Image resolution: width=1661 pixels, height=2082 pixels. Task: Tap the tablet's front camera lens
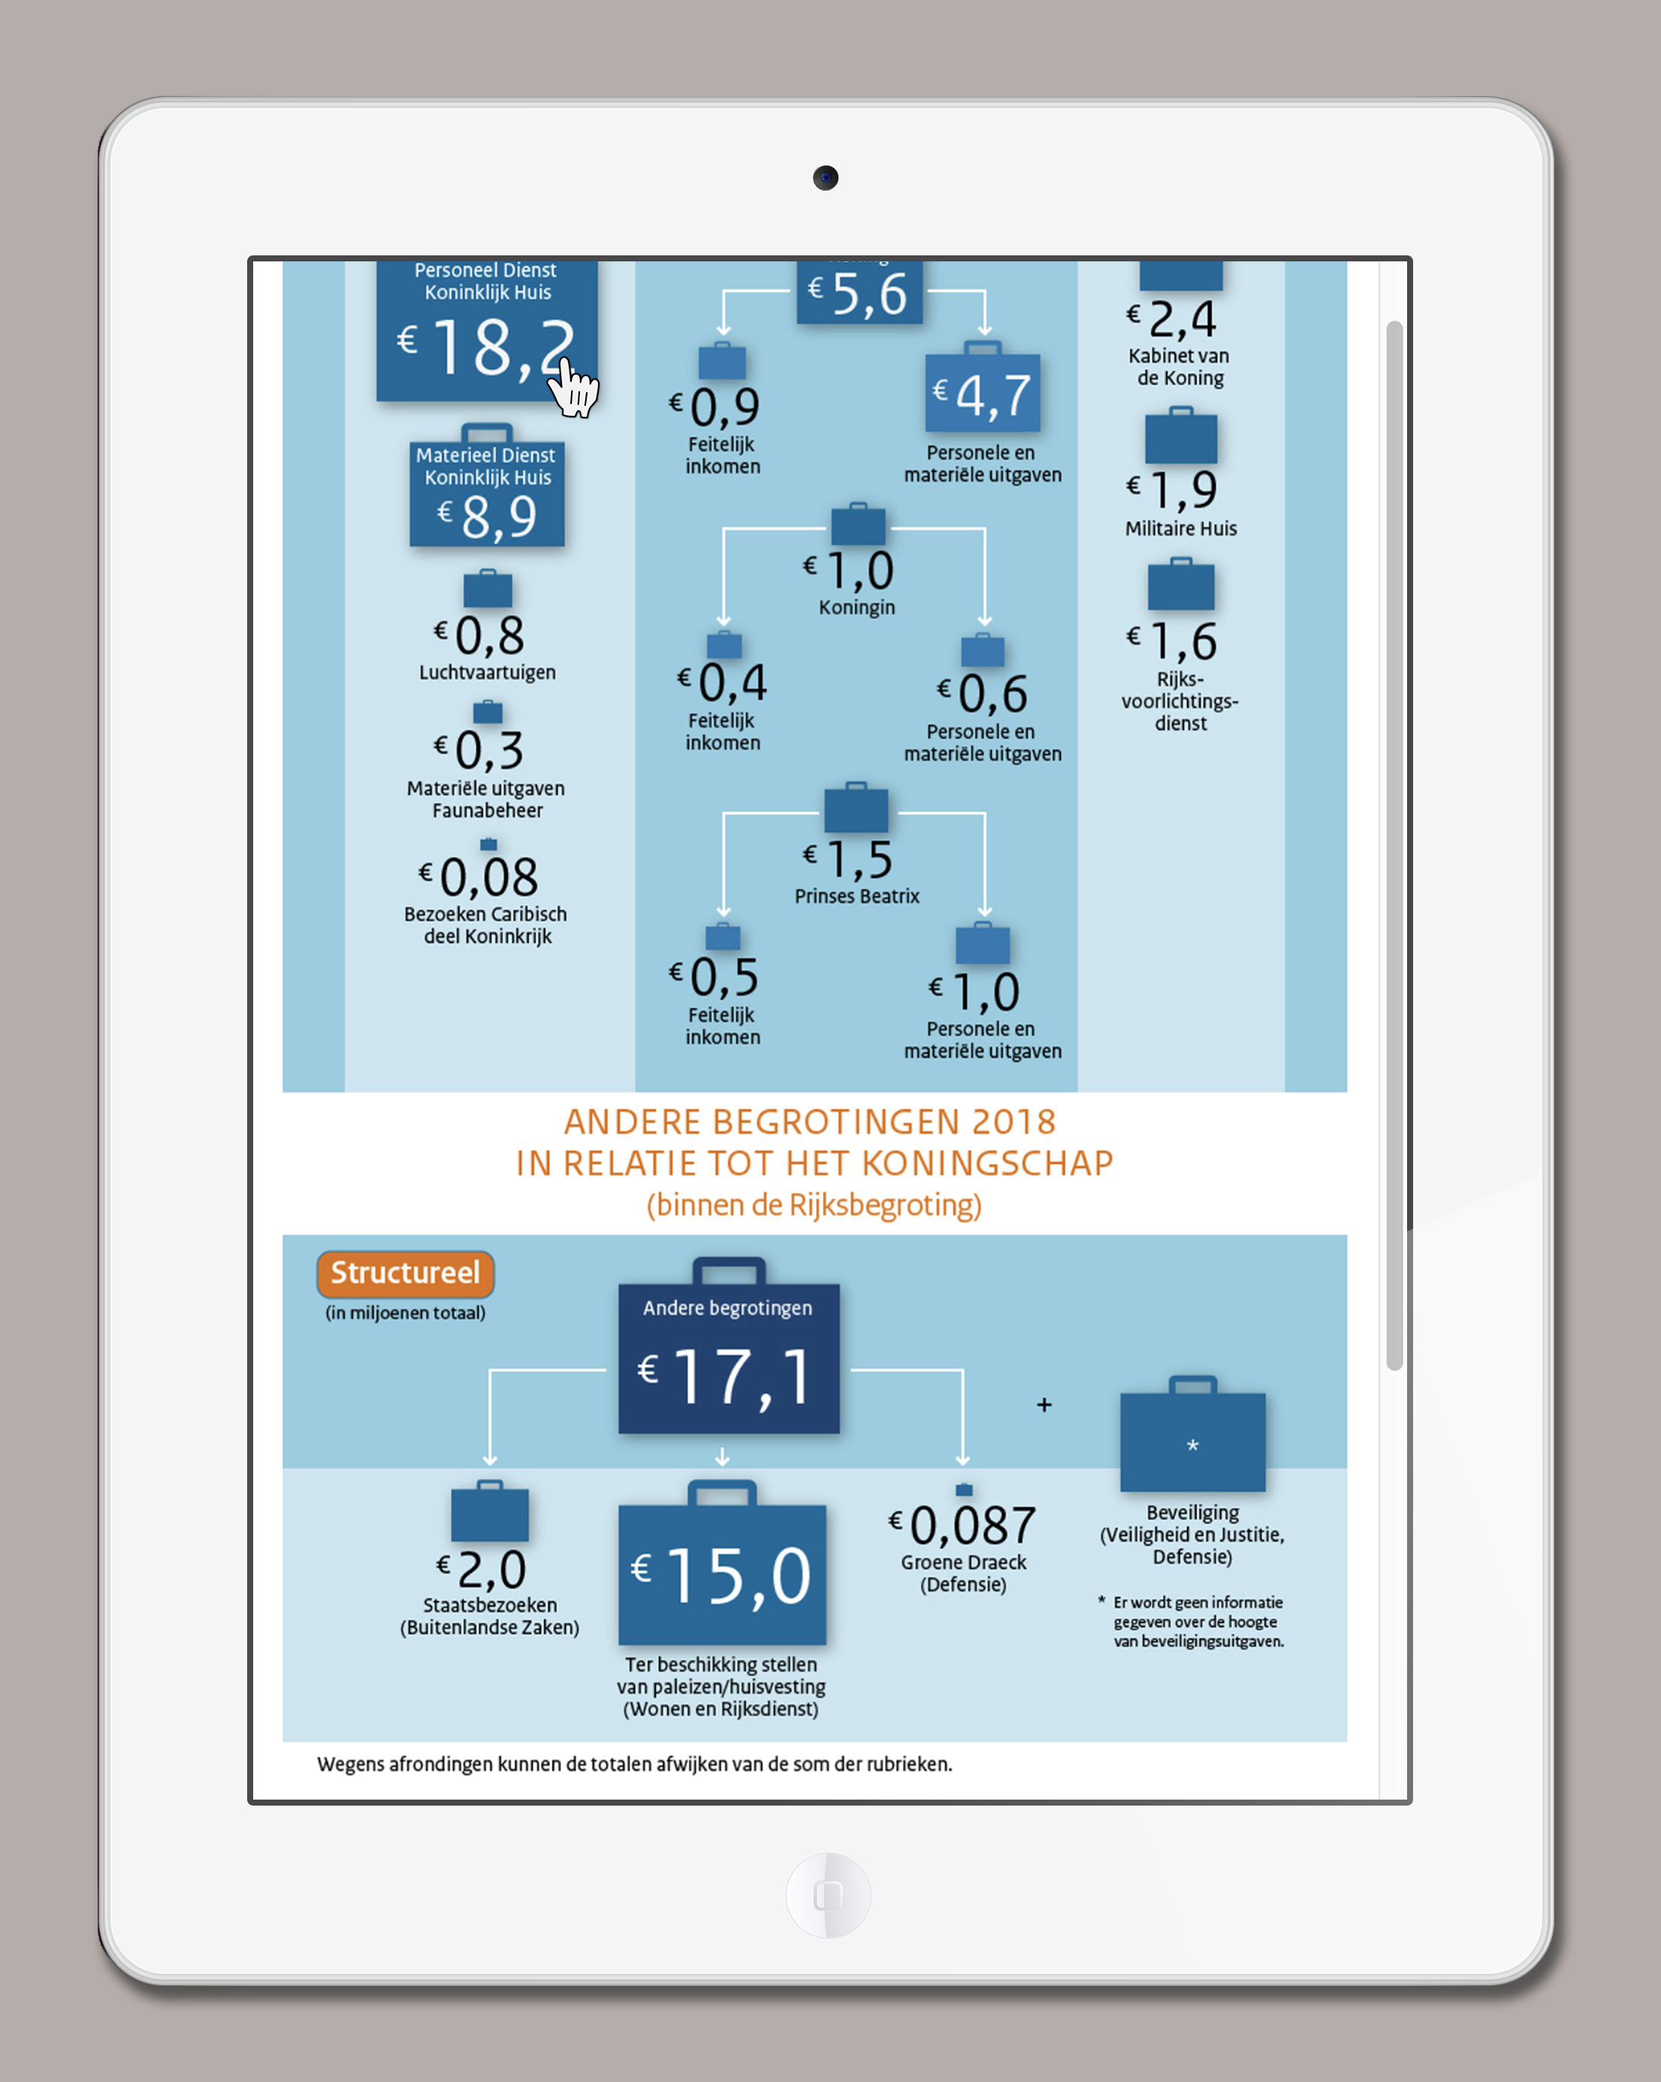pos(826,178)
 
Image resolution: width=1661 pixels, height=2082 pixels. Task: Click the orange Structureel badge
pos(406,1274)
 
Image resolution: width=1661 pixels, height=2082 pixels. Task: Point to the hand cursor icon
pos(574,388)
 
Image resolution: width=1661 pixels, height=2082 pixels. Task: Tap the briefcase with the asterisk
pos(1193,1434)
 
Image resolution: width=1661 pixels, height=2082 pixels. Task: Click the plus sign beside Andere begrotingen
pos(1044,1405)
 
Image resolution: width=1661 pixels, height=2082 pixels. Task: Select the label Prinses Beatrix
pos(857,896)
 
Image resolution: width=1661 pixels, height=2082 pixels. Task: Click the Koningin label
pos(857,608)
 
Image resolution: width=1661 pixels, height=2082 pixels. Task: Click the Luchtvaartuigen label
pos(488,672)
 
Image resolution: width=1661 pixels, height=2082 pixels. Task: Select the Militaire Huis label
pos(1181,528)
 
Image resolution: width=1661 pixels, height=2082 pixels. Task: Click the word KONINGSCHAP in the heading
pos(987,1163)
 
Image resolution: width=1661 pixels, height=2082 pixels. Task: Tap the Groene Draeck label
pos(964,1562)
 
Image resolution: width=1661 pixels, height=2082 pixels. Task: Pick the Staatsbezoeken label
pos(490,1605)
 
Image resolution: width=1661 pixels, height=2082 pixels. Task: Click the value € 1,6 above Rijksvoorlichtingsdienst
pos(1173,641)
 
